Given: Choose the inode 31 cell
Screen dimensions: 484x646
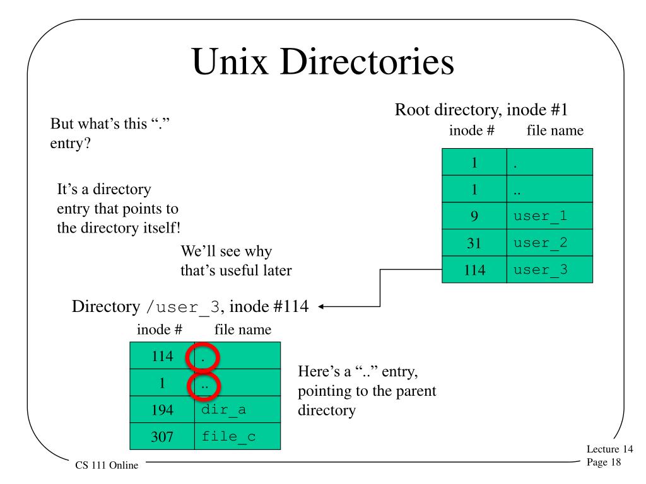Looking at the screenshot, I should (x=474, y=243).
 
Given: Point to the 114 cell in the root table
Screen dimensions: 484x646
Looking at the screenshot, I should (x=474, y=270).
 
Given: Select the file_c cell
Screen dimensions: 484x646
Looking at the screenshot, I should (x=237, y=435).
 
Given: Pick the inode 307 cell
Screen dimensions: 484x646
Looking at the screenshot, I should (x=162, y=435).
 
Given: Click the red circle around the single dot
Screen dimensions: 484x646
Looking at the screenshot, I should (x=203, y=357).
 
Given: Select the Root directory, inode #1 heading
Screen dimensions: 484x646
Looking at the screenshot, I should (x=481, y=110).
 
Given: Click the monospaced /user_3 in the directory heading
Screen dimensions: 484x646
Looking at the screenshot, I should (x=183, y=308).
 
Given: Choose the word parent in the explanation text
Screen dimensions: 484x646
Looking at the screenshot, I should (x=416, y=391).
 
